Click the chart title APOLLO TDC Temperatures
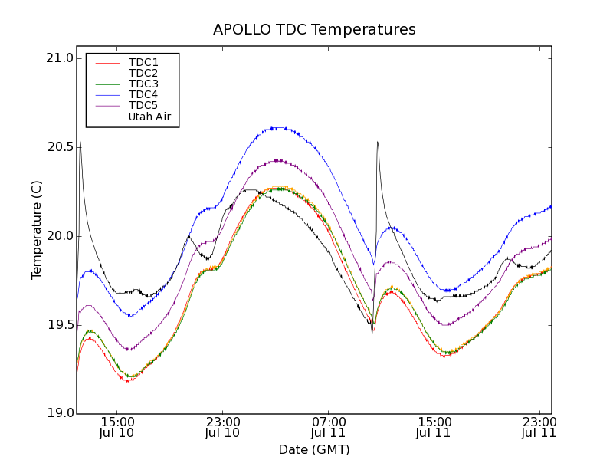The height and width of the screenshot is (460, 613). click(314, 30)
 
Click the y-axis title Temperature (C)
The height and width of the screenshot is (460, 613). click(37, 230)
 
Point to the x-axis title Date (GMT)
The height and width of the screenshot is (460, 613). click(314, 449)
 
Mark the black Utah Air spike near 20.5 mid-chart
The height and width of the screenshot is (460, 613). click(377, 142)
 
